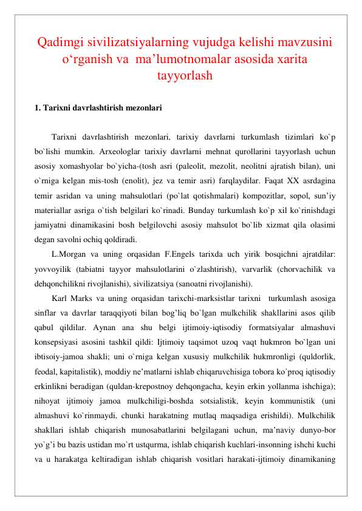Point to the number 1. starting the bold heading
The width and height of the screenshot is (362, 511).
[38, 109]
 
